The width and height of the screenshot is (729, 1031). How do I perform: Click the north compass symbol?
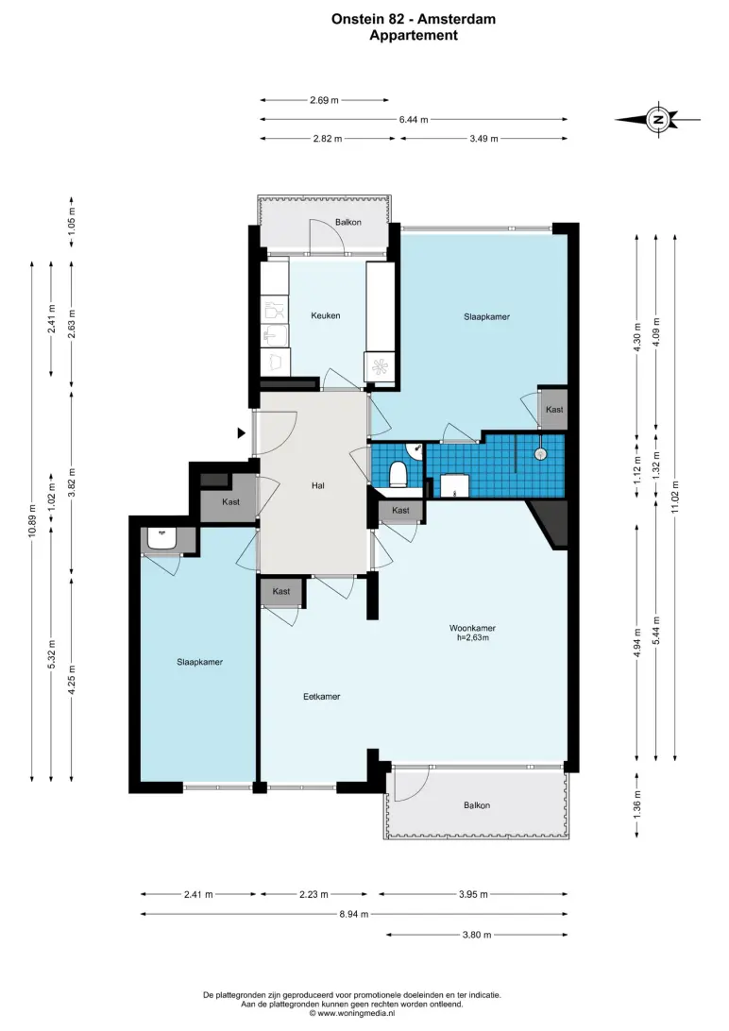[657, 120]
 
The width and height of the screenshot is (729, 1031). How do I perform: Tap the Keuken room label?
[326, 315]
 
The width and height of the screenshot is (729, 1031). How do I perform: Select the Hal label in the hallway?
[318, 486]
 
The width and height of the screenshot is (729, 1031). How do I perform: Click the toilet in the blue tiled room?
[398, 473]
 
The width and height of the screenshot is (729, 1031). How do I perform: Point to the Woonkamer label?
[472, 628]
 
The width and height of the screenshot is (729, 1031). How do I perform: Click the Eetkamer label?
[321, 697]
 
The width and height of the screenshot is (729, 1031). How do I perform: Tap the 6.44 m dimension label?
[414, 120]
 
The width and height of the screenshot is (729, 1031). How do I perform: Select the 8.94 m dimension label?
[354, 914]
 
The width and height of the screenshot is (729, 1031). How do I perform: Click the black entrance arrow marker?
[241, 432]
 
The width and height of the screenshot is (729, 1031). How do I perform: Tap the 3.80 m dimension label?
[477, 935]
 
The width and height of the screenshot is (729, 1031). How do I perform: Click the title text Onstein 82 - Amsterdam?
[414, 20]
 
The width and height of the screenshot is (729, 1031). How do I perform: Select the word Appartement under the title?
[414, 36]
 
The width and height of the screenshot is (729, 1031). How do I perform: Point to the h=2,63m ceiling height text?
[473, 637]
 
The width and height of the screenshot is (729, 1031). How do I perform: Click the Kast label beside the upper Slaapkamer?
[554, 409]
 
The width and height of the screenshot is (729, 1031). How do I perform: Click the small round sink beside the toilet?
[415, 451]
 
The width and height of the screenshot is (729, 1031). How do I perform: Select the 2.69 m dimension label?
[324, 101]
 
